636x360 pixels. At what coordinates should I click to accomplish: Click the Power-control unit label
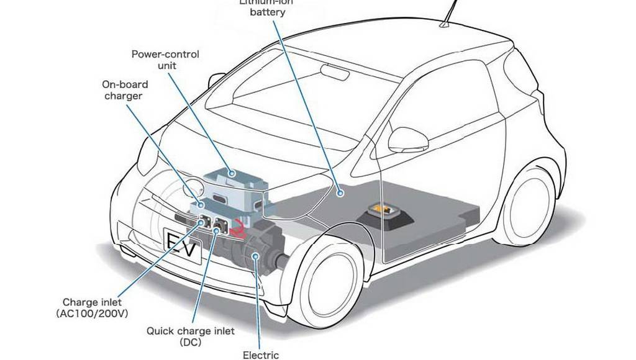pyautogui.click(x=165, y=60)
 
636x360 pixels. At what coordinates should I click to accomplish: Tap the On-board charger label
pyautogui.click(x=123, y=90)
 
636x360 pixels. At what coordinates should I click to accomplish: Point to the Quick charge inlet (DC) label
pyautogui.click(x=190, y=336)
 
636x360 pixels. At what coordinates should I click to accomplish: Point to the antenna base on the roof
pyautogui.click(x=445, y=25)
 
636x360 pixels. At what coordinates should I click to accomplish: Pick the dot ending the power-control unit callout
pyautogui.click(x=230, y=174)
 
